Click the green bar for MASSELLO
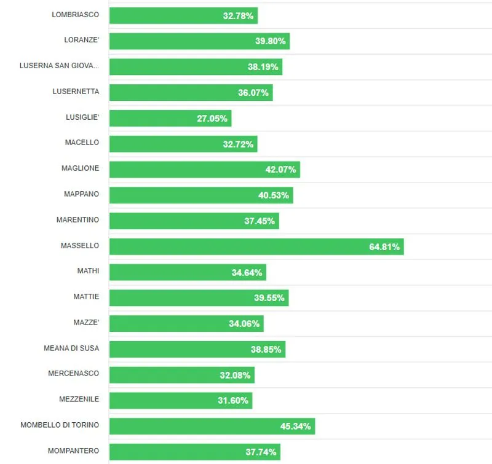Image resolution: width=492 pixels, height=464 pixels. tap(256, 246)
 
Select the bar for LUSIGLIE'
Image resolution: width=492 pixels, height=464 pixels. tap(170, 118)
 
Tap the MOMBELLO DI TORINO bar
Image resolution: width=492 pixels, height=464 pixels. tap(212, 426)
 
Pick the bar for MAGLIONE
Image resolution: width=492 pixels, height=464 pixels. tap(205, 169)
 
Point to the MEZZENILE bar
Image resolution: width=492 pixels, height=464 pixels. tap(181, 400)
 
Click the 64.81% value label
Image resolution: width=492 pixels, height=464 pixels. tap(384, 247)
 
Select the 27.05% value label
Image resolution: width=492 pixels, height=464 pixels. tap(212, 119)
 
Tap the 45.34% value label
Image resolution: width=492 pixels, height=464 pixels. tap(296, 426)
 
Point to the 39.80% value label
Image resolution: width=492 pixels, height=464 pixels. tap(271, 41)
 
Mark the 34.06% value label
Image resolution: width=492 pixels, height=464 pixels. tap(244, 324)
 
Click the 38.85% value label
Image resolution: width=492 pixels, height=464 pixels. tap(266, 349)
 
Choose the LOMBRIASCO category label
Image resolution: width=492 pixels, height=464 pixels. tap(75, 15)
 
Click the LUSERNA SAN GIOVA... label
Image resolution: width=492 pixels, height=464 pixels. tap(59, 66)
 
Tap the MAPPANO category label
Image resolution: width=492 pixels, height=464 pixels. tap(81, 194)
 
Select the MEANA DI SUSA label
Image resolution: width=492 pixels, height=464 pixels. tap(71, 348)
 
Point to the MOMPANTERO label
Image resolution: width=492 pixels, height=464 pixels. tap(73, 451)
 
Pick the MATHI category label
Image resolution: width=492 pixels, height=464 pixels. tap(88, 271)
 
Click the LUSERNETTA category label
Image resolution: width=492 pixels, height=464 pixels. tap(76, 92)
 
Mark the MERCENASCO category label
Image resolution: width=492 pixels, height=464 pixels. tap(73, 374)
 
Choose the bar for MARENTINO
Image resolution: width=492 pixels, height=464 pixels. tap(194, 221)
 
